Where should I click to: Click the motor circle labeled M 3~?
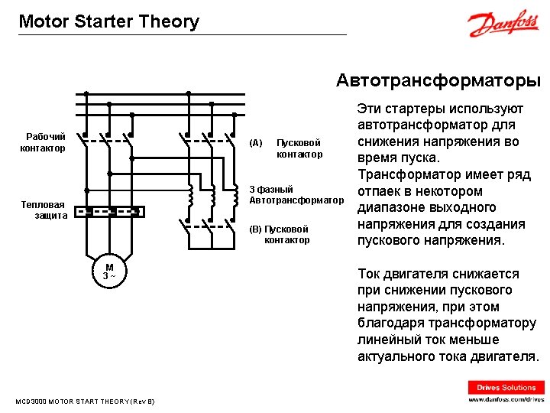[109, 271]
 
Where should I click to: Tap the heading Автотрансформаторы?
[438, 80]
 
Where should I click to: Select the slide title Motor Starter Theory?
[108, 21]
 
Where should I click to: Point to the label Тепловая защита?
[45, 210]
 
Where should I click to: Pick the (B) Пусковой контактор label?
[280, 234]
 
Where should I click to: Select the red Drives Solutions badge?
[506, 387]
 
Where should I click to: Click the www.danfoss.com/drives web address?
[506, 399]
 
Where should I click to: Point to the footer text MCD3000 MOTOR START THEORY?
[85, 401]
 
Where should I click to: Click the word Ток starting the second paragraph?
[371, 274]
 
